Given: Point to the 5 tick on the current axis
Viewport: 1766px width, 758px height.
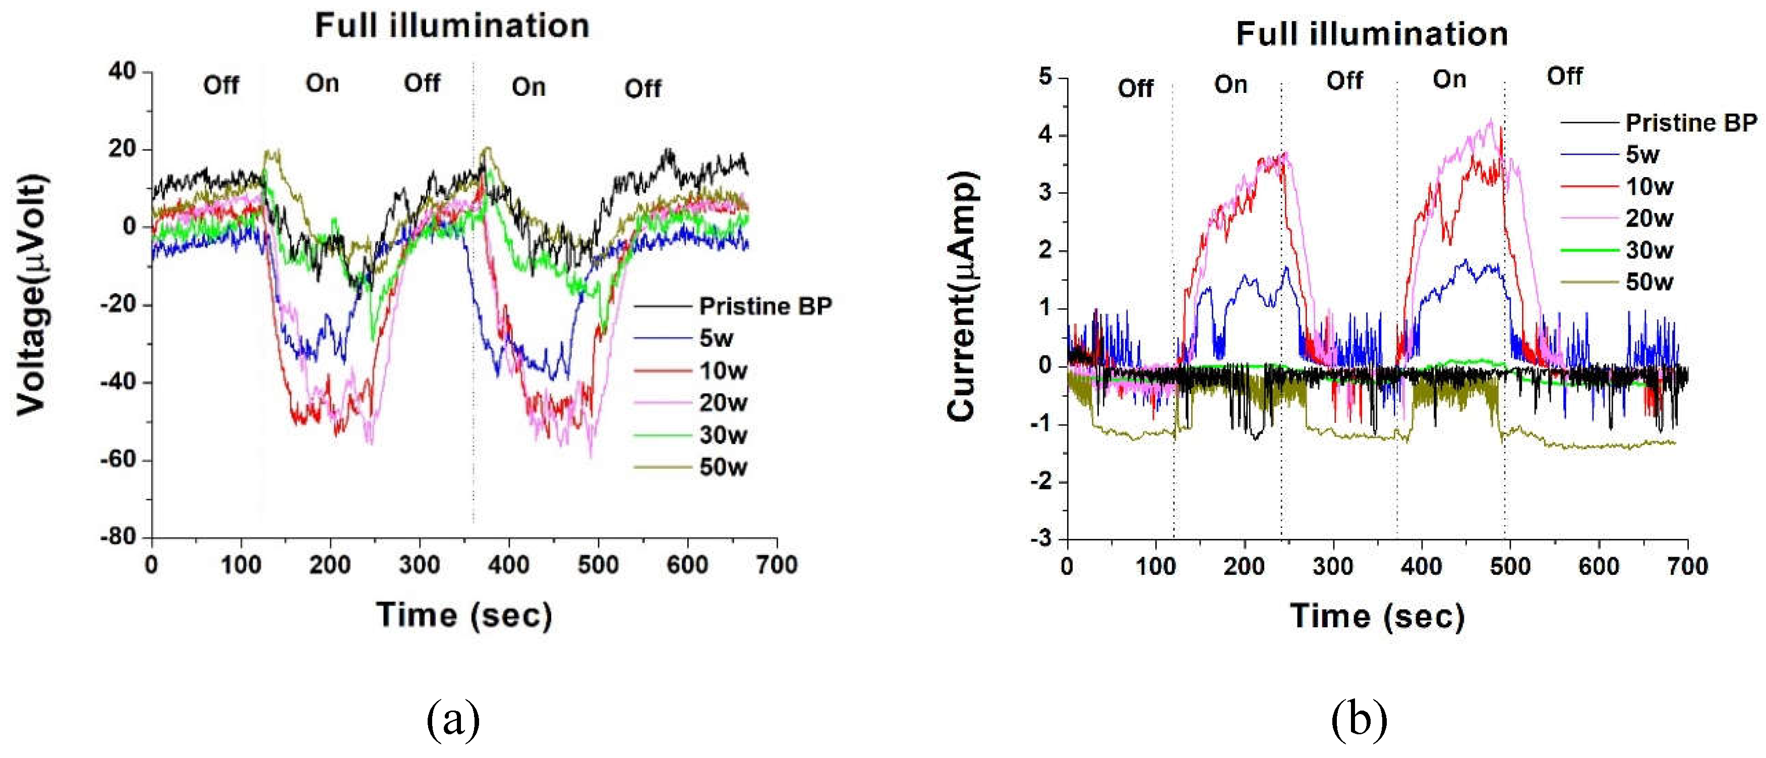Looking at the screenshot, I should coord(1045,76).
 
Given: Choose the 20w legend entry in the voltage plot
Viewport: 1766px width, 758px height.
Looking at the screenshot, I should coord(723,403).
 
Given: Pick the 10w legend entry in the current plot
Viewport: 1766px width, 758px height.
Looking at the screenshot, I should coord(1650,187).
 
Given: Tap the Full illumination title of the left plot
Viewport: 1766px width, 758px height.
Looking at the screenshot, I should coord(452,26).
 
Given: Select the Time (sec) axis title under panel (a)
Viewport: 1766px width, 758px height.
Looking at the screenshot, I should coord(464,615).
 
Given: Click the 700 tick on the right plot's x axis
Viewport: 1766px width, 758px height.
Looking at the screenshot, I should coord(1687,567).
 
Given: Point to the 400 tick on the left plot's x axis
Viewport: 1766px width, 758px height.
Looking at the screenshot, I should coord(509,565).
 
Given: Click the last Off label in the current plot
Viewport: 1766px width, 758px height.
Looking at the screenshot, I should coord(1564,76).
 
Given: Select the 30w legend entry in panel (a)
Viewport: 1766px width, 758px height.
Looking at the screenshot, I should coord(723,435).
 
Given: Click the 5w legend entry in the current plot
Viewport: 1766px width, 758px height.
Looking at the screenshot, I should coord(1642,155).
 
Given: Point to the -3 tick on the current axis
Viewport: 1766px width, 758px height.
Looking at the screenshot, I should coord(1042,538).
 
